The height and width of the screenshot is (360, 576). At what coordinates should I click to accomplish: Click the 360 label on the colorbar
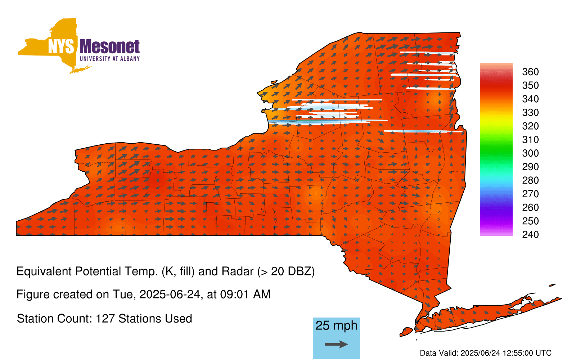[x=530, y=72]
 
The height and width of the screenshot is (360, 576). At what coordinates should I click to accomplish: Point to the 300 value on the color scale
[x=530, y=153]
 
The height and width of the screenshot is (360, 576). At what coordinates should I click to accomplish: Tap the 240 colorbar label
[x=530, y=234]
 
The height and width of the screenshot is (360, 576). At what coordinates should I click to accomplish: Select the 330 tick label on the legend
[x=530, y=112]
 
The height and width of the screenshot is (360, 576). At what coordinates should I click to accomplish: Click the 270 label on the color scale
[x=530, y=194]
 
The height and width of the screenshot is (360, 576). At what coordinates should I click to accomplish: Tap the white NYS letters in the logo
[x=61, y=46]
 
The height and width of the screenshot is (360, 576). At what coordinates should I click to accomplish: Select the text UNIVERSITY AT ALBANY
[x=109, y=59]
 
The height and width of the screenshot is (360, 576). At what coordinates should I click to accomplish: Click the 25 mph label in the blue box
[x=336, y=326]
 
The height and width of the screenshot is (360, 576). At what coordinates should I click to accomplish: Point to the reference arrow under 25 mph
[x=336, y=344]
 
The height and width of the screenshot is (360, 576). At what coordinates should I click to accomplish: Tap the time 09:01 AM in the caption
[x=245, y=294]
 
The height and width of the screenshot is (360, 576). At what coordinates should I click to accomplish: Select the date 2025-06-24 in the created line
[x=170, y=294]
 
